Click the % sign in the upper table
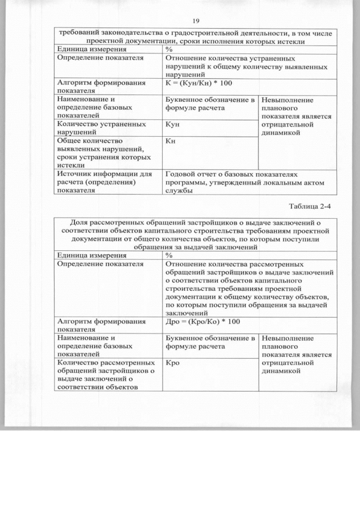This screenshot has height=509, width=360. tap(169, 49)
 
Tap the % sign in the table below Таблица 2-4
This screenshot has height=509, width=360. tap(169, 255)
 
